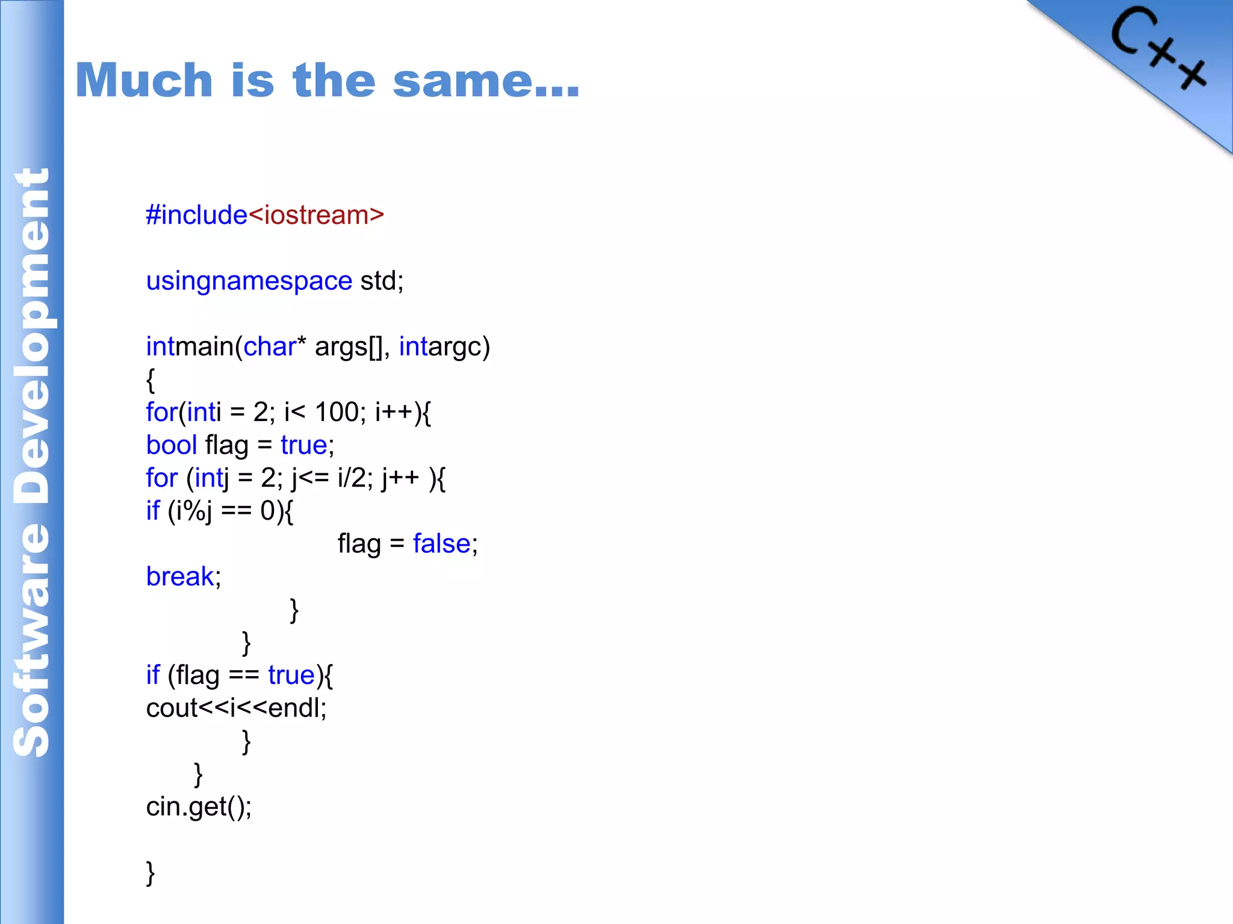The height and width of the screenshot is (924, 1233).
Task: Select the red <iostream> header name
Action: click(x=315, y=215)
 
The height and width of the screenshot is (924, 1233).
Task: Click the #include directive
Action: click(x=196, y=215)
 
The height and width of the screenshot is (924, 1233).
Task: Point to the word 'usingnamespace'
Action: click(x=249, y=281)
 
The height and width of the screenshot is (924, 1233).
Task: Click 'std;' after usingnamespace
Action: click(x=382, y=281)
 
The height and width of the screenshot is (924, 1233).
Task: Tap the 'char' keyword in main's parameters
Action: click(x=270, y=346)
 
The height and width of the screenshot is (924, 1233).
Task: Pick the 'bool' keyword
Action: click(x=172, y=445)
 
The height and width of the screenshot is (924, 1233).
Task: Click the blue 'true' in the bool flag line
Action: click(x=304, y=445)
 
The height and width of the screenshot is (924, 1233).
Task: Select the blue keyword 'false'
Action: click(x=441, y=544)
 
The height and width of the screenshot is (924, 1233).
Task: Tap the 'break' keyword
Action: click(x=179, y=576)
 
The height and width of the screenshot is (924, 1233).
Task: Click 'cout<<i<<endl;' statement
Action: click(x=236, y=708)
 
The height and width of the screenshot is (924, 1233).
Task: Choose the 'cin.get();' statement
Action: click(x=199, y=807)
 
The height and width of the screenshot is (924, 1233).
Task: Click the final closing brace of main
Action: click(x=151, y=872)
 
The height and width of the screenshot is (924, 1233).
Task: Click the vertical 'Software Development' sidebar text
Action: click(x=31, y=462)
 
